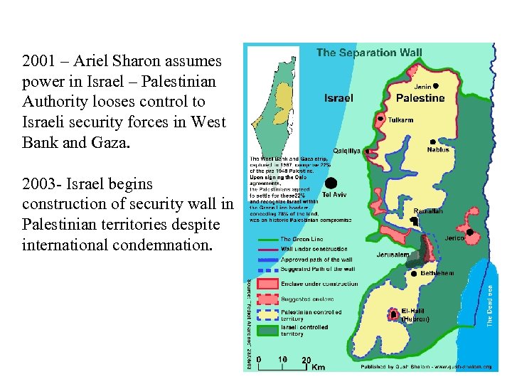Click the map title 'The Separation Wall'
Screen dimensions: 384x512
click(x=368, y=52)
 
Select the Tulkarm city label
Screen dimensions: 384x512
click(x=400, y=120)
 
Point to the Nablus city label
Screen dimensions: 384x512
click(x=438, y=150)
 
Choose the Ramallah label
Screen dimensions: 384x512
click(x=429, y=211)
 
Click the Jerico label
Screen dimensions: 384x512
click(x=454, y=238)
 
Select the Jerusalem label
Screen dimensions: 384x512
click(x=393, y=255)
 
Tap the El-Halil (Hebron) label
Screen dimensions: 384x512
click(x=416, y=315)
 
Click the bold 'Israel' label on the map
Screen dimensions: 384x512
click(x=338, y=98)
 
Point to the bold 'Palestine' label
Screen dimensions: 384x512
click(x=420, y=98)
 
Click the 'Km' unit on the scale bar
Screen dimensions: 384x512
click(x=318, y=367)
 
